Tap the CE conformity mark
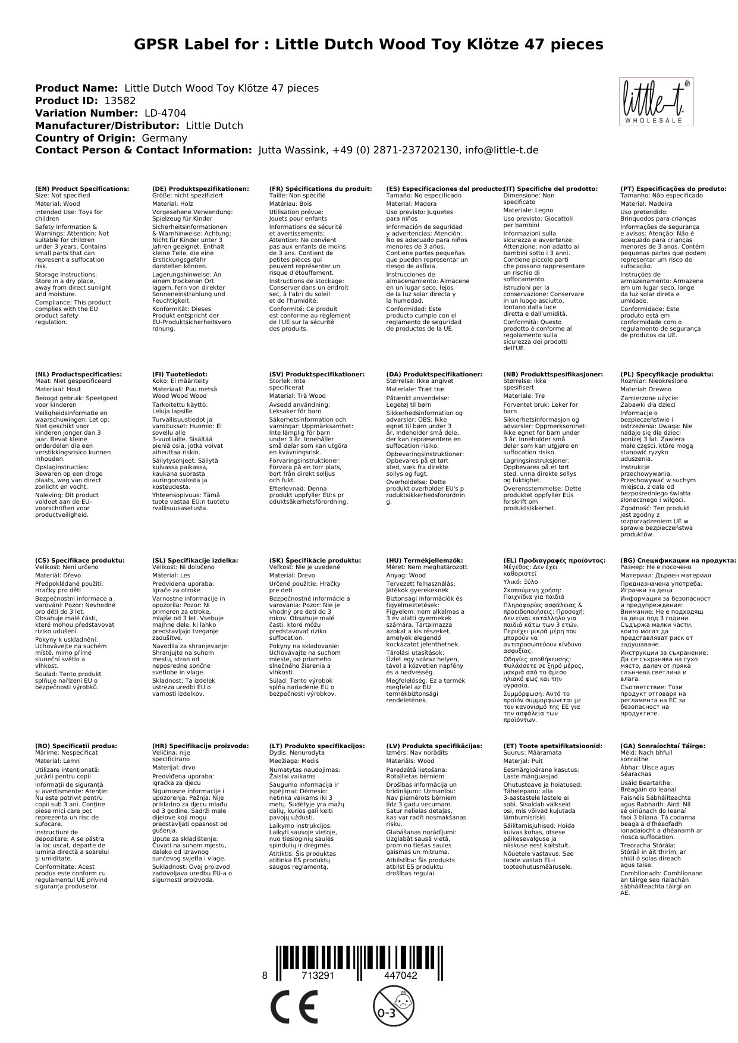point(294,1006)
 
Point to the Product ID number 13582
point(115,100)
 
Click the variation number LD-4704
point(165,113)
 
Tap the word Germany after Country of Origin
point(165,138)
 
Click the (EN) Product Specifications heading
point(82,189)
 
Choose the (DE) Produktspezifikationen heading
point(200,189)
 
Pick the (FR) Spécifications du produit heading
point(320,189)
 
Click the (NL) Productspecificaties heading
point(78,375)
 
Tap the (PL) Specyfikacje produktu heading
point(667,375)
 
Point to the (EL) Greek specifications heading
point(554,560)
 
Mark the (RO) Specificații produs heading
point(76,746)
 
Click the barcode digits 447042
point(400,976)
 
